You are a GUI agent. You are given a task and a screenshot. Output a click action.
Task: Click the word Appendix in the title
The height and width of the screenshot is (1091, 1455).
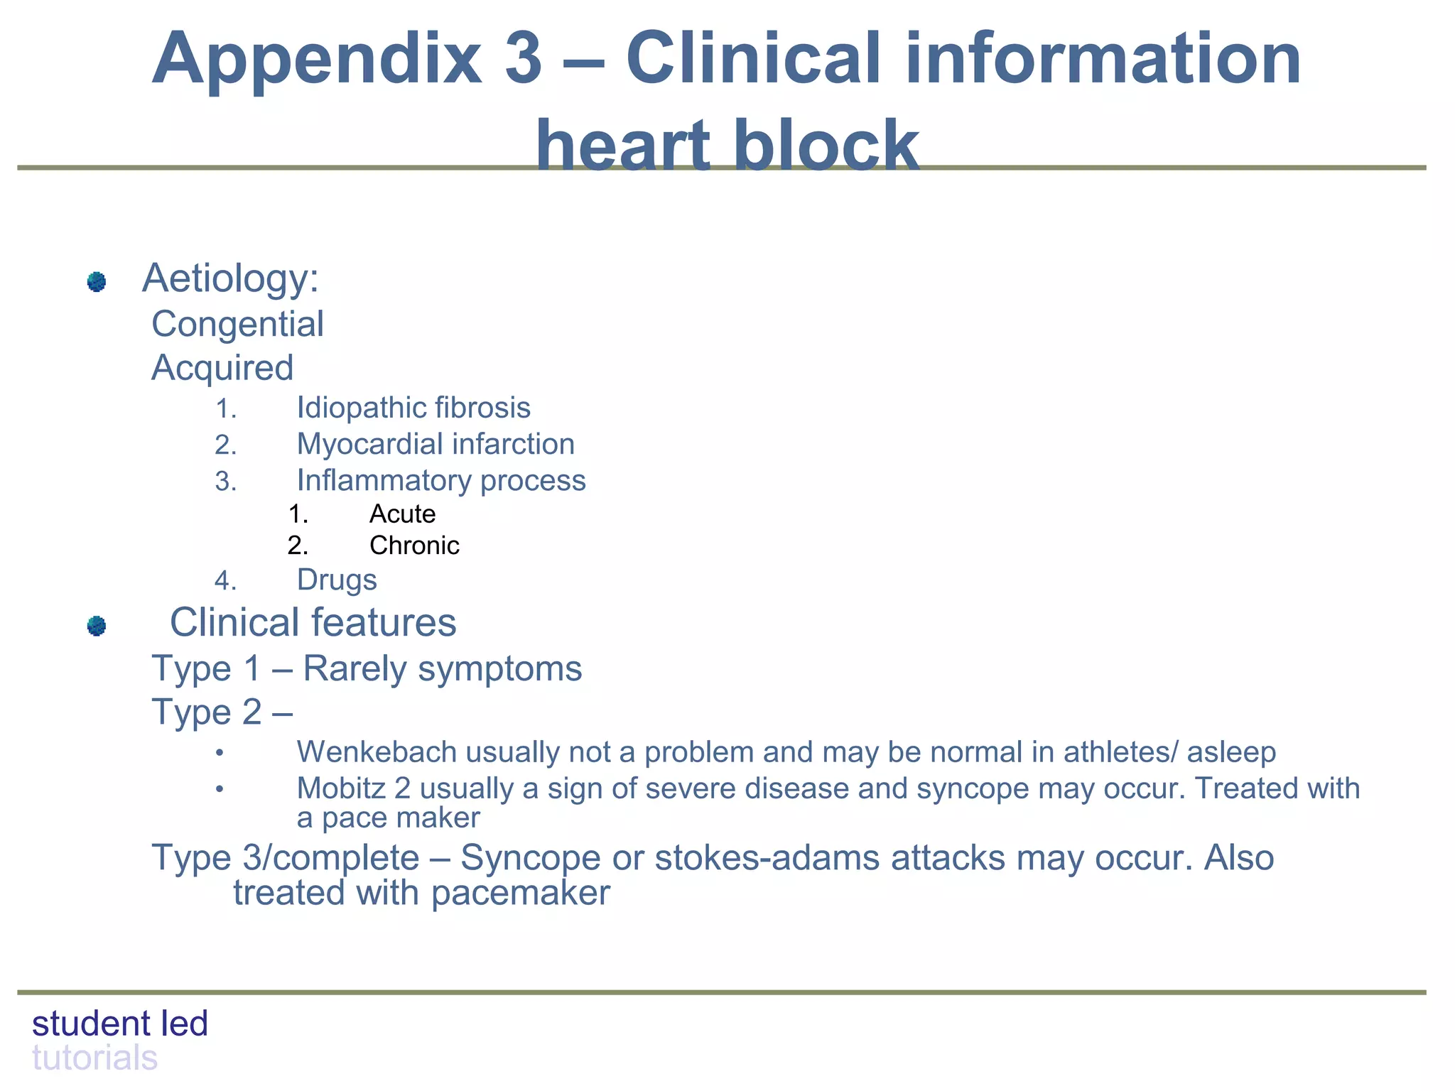tap(317, 60)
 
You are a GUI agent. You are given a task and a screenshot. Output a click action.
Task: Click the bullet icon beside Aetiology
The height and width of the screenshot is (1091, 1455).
tap(97, 282)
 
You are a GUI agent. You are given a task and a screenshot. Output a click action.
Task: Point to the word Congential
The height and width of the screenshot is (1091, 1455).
tap(237, 325)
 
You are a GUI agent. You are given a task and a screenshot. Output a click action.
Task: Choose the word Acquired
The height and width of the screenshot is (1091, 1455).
tap(222, 368)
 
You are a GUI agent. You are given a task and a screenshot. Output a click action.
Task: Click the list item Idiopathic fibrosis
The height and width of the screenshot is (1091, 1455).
tap(413, 408)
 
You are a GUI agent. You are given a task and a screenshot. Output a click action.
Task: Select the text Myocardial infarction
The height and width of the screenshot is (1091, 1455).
tap(436, 445)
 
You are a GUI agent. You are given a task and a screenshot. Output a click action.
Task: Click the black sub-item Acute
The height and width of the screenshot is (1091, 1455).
tap(402, 514)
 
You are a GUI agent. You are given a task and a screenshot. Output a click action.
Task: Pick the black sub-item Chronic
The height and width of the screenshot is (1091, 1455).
tap(414, 545)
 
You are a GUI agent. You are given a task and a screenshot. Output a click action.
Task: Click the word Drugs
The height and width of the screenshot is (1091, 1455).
tap(337, 580)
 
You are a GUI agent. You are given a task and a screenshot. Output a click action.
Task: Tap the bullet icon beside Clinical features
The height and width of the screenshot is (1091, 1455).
tap(97, 626)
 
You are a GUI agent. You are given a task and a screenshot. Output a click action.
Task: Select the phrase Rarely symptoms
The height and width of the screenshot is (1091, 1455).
tap(442, 669)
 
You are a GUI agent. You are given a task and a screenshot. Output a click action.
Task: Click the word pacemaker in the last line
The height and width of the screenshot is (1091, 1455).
tap(520, 893)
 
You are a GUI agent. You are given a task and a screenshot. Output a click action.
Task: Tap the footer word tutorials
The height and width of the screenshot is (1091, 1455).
tap(94, 1058)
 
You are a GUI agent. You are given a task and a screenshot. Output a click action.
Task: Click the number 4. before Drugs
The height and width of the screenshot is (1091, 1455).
tap(225, 582)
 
